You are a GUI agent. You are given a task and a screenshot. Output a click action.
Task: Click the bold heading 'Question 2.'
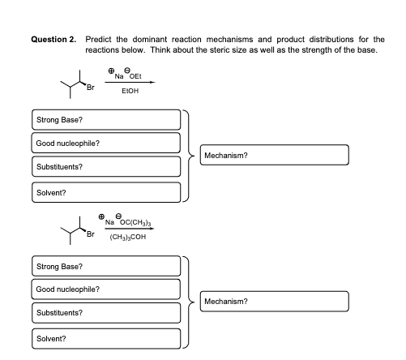point(56,38)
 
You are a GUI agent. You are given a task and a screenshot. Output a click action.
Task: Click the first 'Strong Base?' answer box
point(105,120)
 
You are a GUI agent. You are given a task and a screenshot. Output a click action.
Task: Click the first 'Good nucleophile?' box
point(105,144)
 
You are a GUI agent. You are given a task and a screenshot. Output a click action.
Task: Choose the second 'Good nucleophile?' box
point(105,289)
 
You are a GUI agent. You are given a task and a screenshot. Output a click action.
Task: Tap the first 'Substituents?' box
point(105,167)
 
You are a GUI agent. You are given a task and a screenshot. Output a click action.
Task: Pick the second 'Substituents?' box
point(105,313)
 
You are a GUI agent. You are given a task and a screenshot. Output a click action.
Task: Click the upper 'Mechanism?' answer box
point(276,155)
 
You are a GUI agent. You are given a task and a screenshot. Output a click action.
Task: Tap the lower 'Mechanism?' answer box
point(276,301)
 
